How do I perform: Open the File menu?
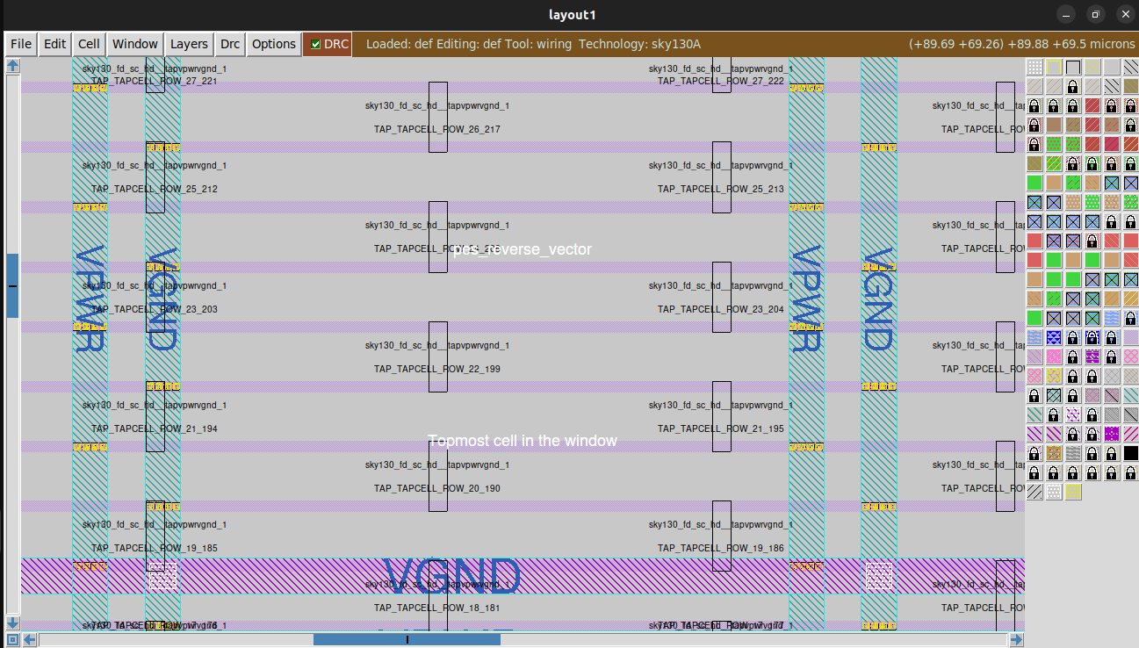tap(21, 44)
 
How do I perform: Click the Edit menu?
tap(55, 44)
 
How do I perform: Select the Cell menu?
tap(89, 44)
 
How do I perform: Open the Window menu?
tap(135, 44)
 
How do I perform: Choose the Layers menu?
tap(189, 44)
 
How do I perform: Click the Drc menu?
tap(230, 44)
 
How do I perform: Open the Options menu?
tap(274, 44)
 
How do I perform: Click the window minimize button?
tap(1065, 15)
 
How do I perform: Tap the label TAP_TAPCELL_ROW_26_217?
tap(437, 129)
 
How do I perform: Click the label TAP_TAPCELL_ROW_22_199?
tap(437, 369)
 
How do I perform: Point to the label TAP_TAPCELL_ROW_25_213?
tap(721, 189)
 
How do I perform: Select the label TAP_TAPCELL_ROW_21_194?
tap(155, 428)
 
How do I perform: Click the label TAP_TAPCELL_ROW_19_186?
tap(721, 548)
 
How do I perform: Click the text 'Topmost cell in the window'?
tap(523, 441)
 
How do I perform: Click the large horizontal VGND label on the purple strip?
tap(452, 576)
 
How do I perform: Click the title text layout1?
tap(572, 15)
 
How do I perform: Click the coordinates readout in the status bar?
tap(1022, 44)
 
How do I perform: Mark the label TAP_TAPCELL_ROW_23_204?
tap(721, 309)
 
